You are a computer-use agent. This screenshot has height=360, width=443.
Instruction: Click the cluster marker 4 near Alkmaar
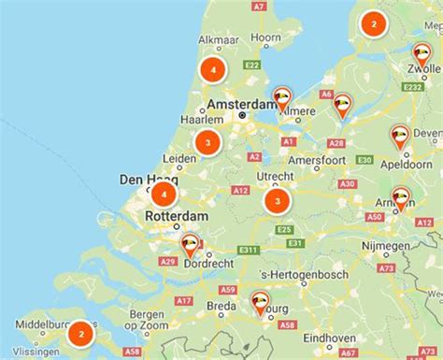pos(214,69)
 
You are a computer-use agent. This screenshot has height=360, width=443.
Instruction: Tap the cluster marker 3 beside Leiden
pos(207,142)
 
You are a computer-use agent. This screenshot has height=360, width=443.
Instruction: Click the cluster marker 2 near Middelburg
pos(81,332)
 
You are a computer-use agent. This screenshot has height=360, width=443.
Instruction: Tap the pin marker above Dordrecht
pos(190,246)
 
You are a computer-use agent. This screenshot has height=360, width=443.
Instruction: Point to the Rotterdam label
pos(177,217)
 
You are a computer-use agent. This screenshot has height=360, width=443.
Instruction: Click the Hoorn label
pos(266,37)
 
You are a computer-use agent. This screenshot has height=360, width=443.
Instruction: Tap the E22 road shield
pos(250,65)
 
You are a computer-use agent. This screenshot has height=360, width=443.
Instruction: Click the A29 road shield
pos(168,263)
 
